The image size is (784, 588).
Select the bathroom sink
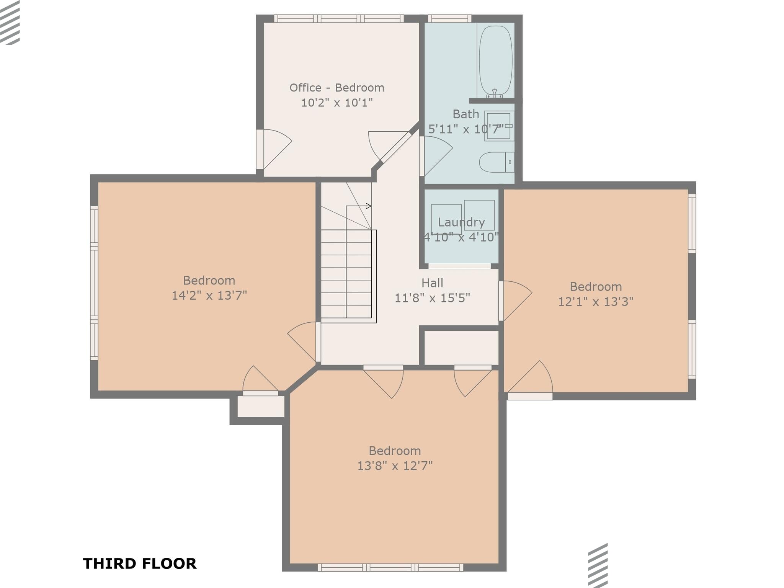(x=499, y=126)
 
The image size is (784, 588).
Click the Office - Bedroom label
(x=336, y=88)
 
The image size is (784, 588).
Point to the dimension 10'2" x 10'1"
(x=336, y=103)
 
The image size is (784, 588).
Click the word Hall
(x=432, y=283)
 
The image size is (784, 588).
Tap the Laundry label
(x=461, y=222)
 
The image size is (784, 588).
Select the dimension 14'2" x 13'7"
(x=209, y=296)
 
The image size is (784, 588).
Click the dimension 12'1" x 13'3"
(x=595, y=302)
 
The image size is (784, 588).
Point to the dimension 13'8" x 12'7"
(x=395, y=466)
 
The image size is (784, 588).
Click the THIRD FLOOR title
(x=140, y=563)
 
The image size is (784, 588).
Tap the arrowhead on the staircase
(x=369, y=206)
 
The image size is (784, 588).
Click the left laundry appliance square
(x=446, y=218)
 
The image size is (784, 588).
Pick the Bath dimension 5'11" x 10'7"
(x=465, y=129)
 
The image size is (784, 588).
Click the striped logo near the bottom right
(x=598, y=565)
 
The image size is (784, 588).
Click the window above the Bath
(x=449, y=18)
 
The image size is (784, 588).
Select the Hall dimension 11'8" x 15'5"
(x=432, y=298)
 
